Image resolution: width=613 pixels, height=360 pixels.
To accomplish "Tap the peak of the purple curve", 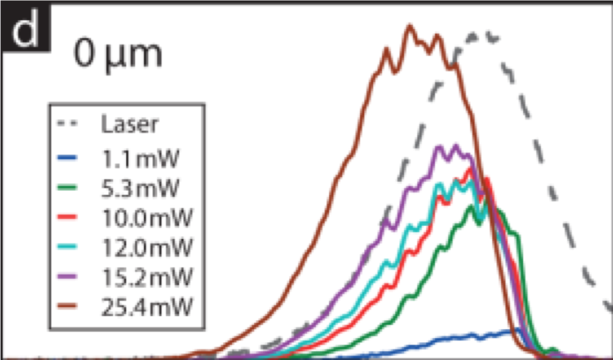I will (x=456, y=146).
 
